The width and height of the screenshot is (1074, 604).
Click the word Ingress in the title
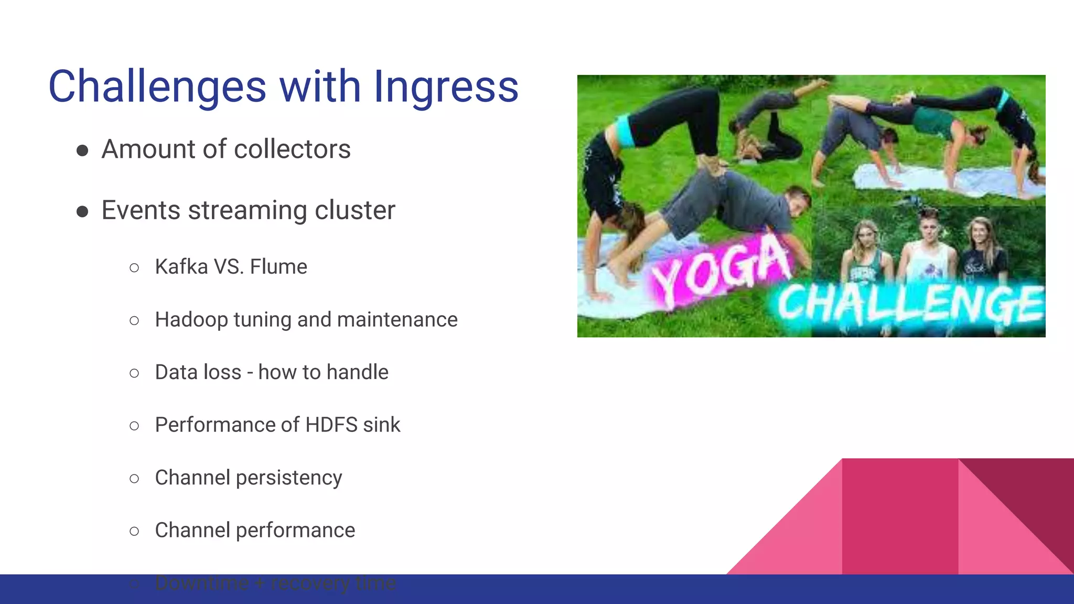(446, 87)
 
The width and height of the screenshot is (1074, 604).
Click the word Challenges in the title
(157, 87)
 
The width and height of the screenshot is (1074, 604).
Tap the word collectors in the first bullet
(292, 149)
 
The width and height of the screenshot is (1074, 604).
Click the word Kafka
(181, 267)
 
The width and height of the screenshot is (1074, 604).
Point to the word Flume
(278, 267)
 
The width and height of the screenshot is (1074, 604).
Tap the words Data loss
(198, 372)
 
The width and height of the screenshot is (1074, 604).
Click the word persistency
(289, 478)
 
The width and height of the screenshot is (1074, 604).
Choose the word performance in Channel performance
(295, 531)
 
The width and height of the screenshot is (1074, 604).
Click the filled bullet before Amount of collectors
(82, 151)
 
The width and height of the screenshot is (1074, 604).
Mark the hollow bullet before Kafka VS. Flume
(134, 268)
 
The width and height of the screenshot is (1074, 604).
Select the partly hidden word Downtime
(202, 583)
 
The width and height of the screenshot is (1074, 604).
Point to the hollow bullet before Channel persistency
(134, 479)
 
